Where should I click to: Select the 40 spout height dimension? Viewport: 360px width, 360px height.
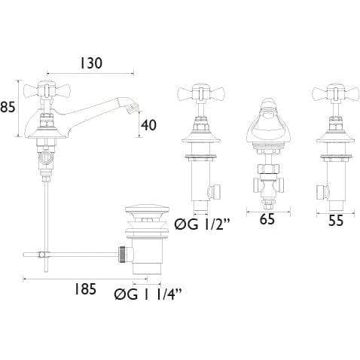tap(148, 125)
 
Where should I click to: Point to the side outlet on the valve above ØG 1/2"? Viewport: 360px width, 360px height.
tap(216, 191)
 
